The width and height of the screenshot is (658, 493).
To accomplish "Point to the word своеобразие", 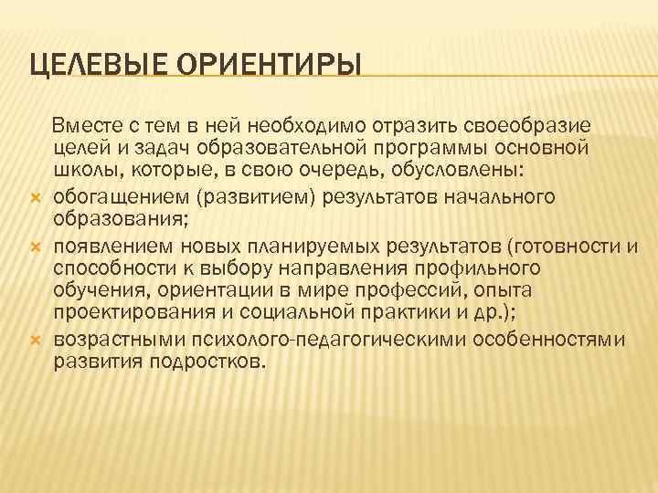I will tap(516, 124).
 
